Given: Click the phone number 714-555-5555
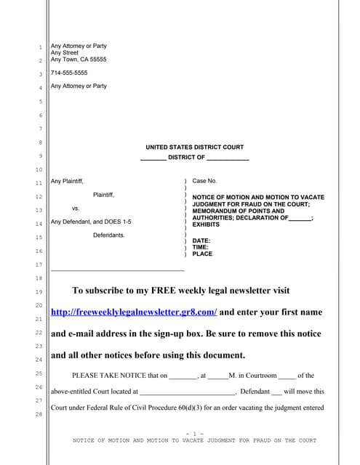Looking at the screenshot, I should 69,73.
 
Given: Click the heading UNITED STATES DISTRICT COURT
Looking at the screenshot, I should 194,147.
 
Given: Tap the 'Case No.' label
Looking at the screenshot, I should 204,180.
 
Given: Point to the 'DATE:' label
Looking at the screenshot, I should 201,240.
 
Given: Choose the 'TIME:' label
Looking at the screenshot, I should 201,248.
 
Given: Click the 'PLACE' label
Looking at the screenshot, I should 202,254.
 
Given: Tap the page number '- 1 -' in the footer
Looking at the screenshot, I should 194,433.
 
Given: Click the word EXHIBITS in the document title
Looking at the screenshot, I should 206,225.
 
